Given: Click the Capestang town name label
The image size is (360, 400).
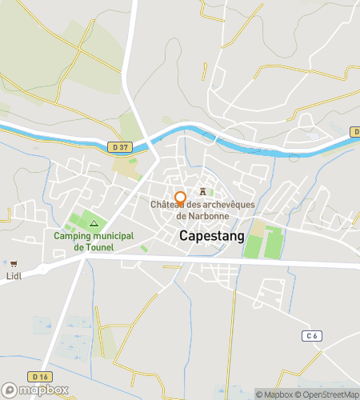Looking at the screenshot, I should coord(213,236).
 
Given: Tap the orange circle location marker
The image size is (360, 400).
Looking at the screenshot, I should coord(181,198).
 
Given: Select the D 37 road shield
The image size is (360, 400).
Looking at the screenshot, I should coord(120,146).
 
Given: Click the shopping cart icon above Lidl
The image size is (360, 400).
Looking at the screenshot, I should coord(14,263).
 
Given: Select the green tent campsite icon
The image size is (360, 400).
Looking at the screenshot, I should coord(94,223).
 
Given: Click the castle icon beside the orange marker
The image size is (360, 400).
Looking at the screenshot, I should coord(203,192).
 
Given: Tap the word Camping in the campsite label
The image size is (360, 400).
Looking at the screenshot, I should coord(73,236).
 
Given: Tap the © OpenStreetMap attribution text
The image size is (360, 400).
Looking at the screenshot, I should coord(327,394).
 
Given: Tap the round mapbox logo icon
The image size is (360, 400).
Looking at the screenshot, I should coord(11,390).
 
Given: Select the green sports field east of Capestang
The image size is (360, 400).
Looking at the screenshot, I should coord(263,243).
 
